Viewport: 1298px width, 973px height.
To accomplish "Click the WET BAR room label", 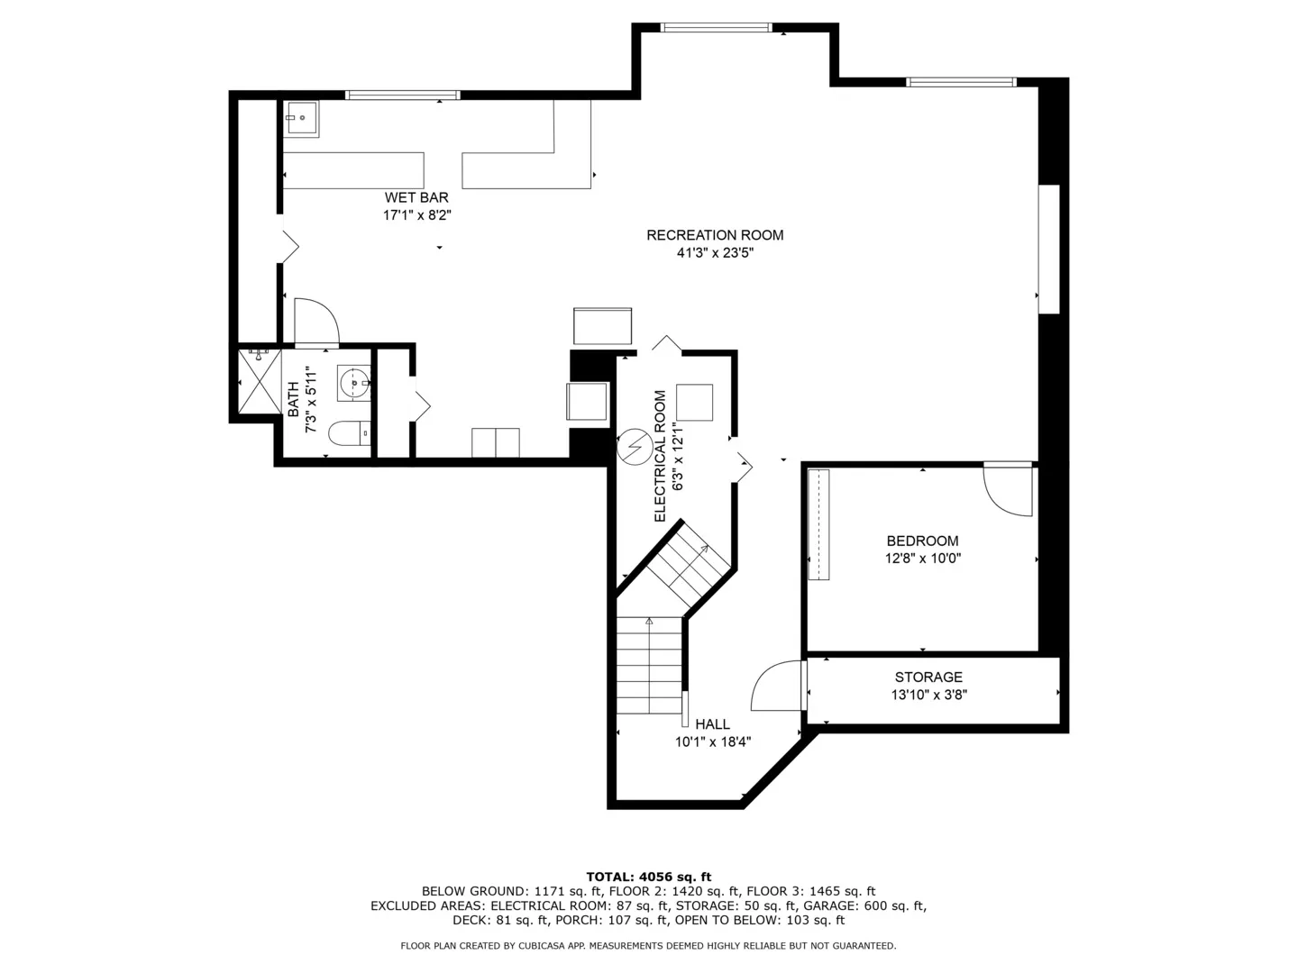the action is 416,197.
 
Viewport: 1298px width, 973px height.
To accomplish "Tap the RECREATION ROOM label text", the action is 715,235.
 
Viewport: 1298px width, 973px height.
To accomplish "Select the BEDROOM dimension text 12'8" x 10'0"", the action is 922,559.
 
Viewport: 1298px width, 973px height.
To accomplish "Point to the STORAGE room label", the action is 928,677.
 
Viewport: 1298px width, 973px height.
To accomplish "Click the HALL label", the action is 713,723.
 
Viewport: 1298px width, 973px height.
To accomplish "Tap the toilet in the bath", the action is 349,433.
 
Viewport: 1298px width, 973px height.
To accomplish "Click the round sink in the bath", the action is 354,384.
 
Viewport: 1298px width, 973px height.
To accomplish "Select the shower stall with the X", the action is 260,382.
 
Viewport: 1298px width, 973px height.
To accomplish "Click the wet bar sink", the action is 301,119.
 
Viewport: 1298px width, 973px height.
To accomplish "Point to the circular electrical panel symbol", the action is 635,447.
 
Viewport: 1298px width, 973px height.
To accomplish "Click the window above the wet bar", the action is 403,95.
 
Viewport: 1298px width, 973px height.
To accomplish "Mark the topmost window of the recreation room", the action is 716,27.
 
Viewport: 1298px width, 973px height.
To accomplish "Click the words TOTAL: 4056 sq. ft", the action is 649,877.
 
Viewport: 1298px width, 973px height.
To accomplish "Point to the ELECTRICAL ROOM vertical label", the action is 660,456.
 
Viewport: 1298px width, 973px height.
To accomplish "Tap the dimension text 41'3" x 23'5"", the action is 715,253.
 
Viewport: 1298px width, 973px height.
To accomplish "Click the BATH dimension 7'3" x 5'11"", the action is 311,399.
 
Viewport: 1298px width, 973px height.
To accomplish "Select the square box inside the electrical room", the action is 694,403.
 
